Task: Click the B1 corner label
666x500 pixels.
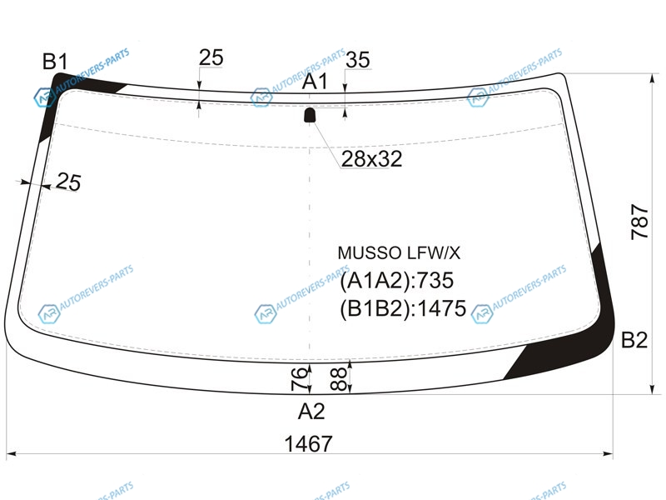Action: tap(55, 61)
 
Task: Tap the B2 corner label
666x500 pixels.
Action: tap(634, 340)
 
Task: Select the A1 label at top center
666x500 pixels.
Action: tap(315, 81)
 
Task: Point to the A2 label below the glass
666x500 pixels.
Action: tap(311, 411)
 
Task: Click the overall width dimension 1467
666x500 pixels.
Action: tap(308, 444)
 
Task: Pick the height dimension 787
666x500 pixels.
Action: tap(639, 222)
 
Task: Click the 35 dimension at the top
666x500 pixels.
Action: tap(358, 60)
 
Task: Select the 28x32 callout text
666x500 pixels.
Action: tap(371, 159)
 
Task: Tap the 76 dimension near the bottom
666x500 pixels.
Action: tap(299, 378)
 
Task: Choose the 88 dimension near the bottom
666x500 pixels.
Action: tap(339, 379)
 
